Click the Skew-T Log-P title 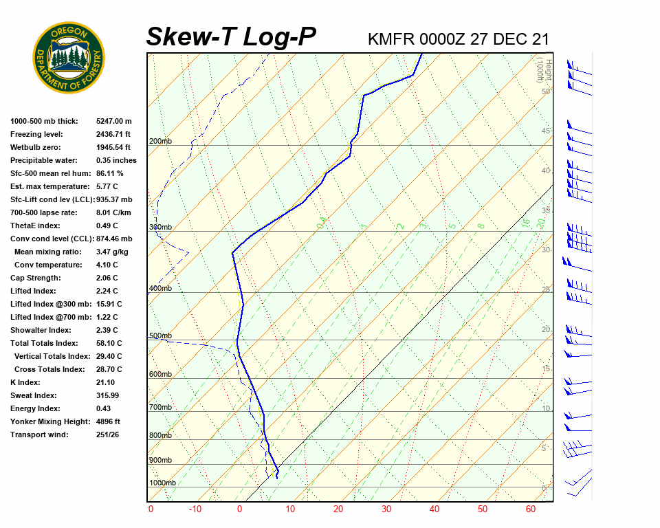point(231,36)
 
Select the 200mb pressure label point(160,142)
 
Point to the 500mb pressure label point(160,336)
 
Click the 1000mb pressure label point(163,483)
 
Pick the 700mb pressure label point(160,408)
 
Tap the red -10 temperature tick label point(195,509)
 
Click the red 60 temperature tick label point(530,509)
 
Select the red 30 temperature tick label point(386,509)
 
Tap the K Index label point(25,382)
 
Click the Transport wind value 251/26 point(108,434)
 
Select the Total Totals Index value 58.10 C point(109,343)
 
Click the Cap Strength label point(35,278)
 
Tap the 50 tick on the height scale point(545,91)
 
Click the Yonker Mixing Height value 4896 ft point(108,421)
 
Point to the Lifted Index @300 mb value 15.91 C point(109,304)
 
